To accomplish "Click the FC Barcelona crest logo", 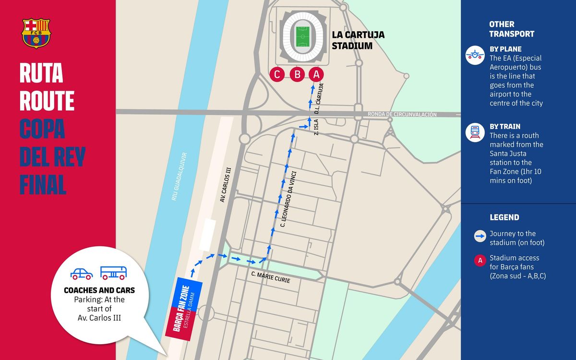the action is click(x=36, y=33).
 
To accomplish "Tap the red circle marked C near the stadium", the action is click(x=277, y=74).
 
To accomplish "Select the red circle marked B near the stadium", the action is click(x=297, y=74).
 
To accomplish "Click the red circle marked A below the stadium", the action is click(x=315, y=74).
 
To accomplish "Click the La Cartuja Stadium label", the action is click(x=358, y=40).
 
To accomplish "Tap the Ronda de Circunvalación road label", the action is click(x=402, y=114).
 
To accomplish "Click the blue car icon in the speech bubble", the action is click(x=81, y=274).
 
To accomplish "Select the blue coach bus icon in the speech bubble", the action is click(x=113, y=273).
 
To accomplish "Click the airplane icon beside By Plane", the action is click(x=475, y=55).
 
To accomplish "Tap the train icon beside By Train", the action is click(x=475, y=132).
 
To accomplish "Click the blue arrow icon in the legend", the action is click(x=480, y=236).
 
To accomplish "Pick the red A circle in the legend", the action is click(x=480, y=261).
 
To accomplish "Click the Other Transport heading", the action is click(x=511, y=29).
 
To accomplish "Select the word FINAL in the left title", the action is click(x=43, y=184).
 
